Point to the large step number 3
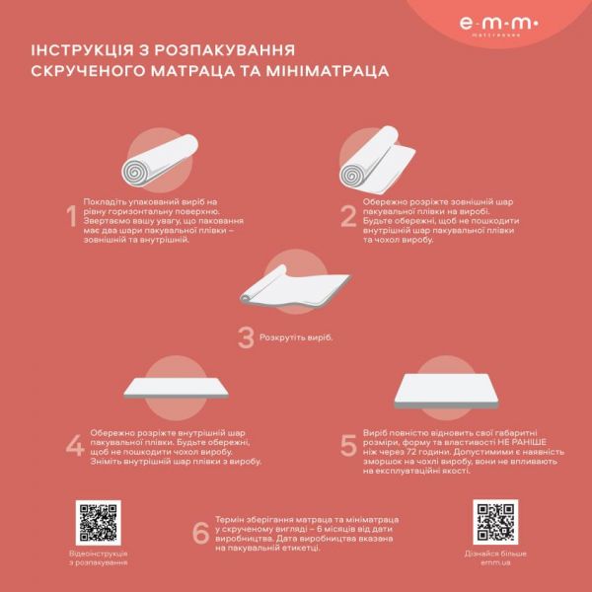[246, 337]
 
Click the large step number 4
[74, 446]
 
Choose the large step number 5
[348, 446]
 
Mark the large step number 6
[200, 533]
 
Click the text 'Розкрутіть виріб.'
[297, 337]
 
